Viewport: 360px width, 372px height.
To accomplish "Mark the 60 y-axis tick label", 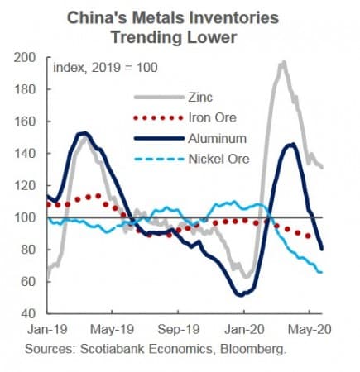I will (x=29, y=282).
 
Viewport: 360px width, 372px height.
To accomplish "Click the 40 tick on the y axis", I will (x=29, y=314).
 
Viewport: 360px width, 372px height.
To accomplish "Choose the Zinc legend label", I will (x=197, y=95).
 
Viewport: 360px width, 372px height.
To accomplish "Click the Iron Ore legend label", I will (x=207, y=116).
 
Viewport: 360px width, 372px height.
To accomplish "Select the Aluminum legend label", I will (x=214, y=136).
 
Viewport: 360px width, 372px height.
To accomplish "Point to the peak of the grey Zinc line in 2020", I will (x=283, y=62).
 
